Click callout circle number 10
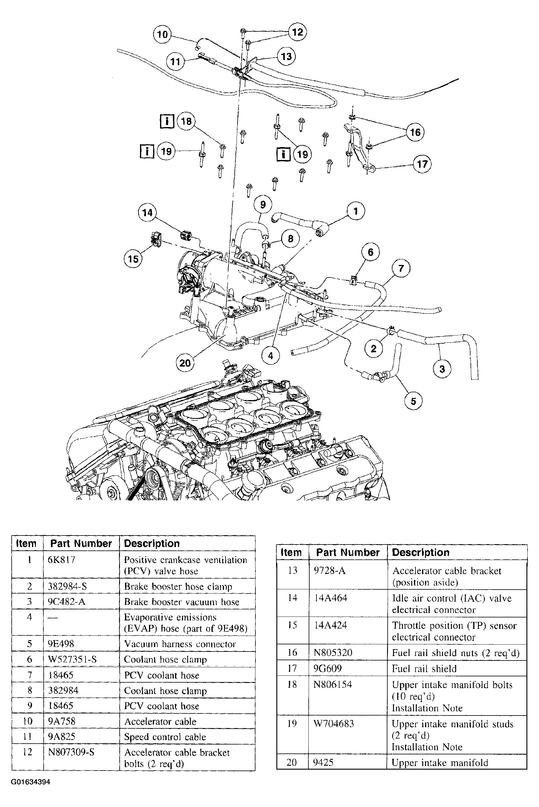(x=162, y=34)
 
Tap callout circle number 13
(x=286, y=56)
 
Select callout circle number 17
(x=422, y=164)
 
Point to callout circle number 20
(x=185, y=363)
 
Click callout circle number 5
(x=413, y=401)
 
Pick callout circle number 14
(x=147, y=213)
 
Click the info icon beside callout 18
(x=167, y=121)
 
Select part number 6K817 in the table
(x=62, y=560)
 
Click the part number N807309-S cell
(x=71, y=752)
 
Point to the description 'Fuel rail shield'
(x=424, y=669)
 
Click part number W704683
(x=334, y=724)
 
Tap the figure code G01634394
(x=31, y=782)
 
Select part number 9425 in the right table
(x=323, y=762)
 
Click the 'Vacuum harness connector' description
(x=180, y=644)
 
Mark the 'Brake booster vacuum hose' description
(x=182, y=602)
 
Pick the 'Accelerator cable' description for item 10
(x=160, y=721)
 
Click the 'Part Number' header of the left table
(x=81, y=544)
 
